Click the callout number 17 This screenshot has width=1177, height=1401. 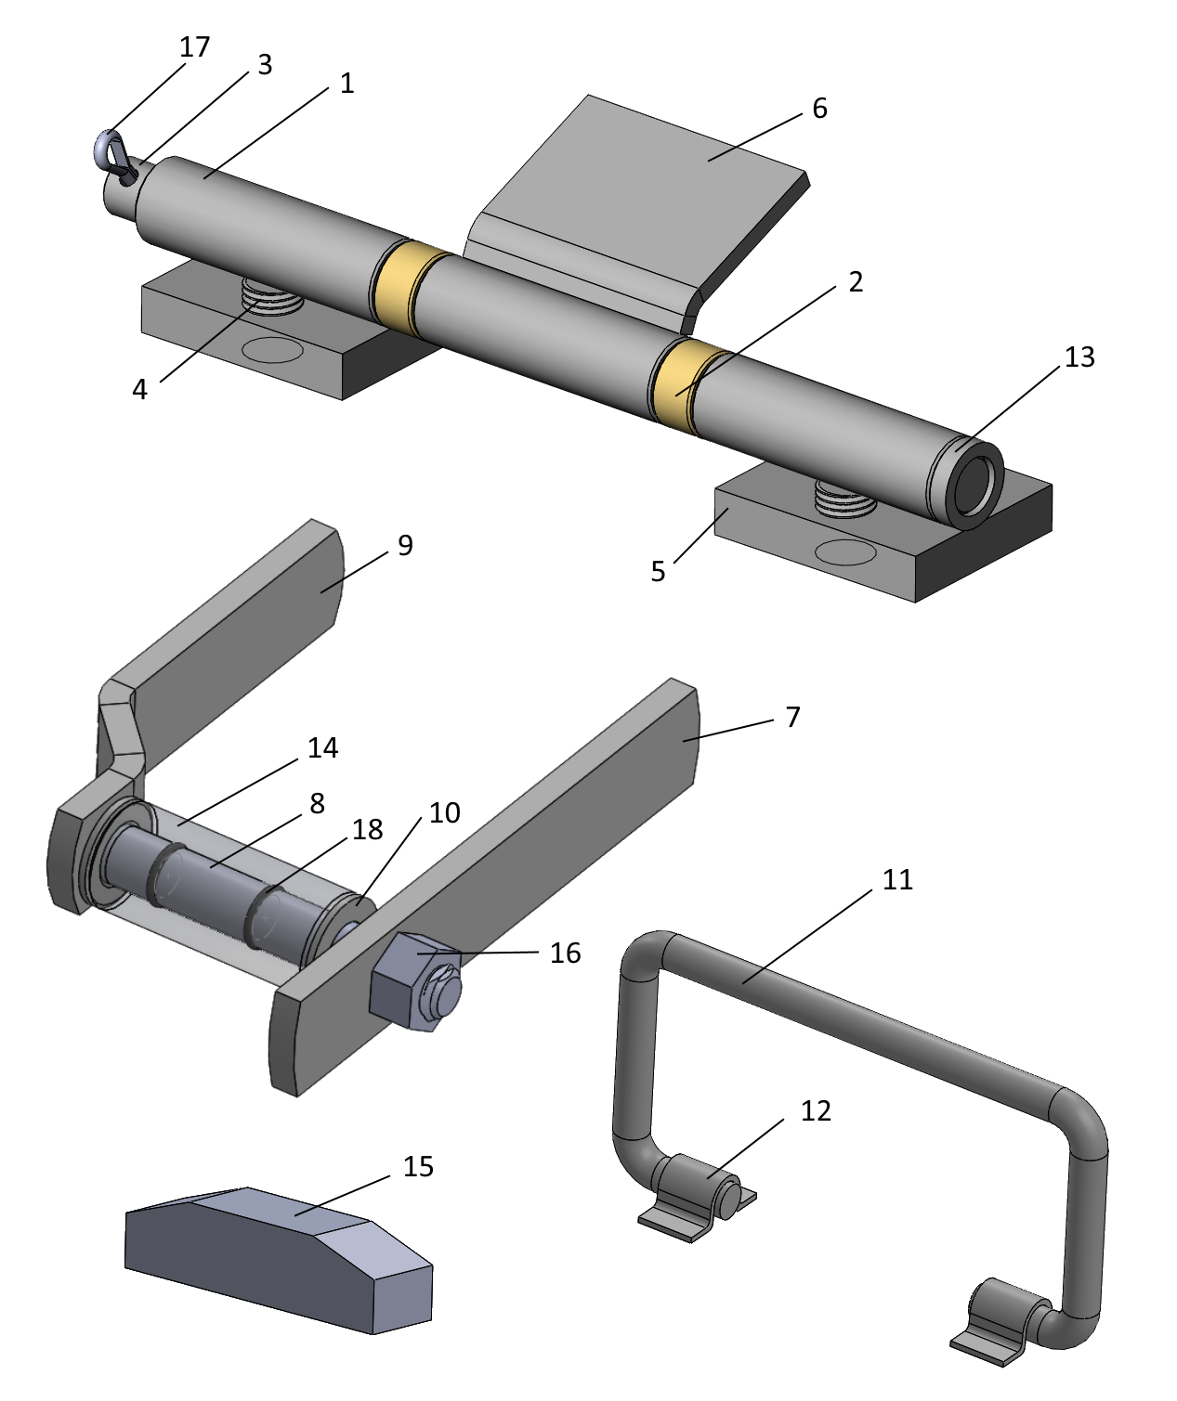[x=195, y=46]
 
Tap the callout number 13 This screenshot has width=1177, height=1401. [x=1079, y=357]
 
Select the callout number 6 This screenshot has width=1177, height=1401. [x=819, y=109]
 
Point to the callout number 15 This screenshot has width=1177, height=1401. [x=418, y=1167]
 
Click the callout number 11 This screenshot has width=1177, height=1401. [x=897, y=879]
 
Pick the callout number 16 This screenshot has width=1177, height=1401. [x=565, y=953]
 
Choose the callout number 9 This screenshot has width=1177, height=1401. [x=405, y=545]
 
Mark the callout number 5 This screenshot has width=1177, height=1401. [x=658, y=571]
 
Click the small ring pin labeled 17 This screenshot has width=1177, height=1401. [x=110, y=149]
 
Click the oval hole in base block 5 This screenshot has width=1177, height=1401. [x=845, y=553]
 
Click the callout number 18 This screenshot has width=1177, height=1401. [x=368, y=830]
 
